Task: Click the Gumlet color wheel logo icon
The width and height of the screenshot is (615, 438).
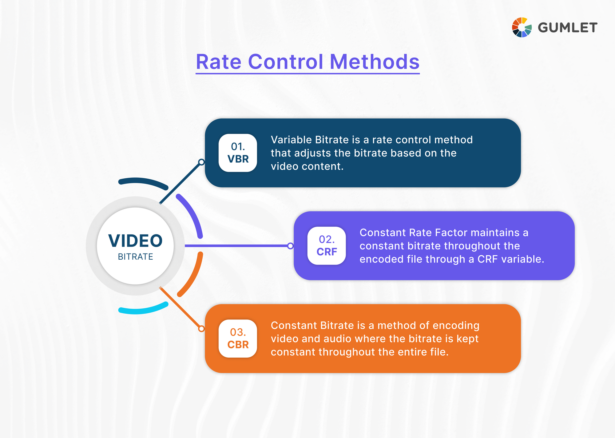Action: pos(522,27)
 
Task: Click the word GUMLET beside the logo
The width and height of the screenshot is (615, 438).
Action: pos(567,28)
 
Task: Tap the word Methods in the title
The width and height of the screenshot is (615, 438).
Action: pos(374,62)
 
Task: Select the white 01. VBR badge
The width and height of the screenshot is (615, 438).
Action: pos(238,153)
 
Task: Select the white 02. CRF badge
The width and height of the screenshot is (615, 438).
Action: pos(327,246)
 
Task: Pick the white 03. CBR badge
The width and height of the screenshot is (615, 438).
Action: pos(238,339)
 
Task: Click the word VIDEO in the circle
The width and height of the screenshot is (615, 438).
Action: pos(135,241)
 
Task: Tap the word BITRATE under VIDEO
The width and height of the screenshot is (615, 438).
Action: pos(135,257)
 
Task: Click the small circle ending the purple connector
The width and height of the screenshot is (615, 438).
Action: pos(290,246)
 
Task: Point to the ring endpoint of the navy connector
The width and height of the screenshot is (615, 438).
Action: pos(201,162)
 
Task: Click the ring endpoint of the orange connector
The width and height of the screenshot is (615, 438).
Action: pos(201,329)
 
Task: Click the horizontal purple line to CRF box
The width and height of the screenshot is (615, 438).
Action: pos(237,246)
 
